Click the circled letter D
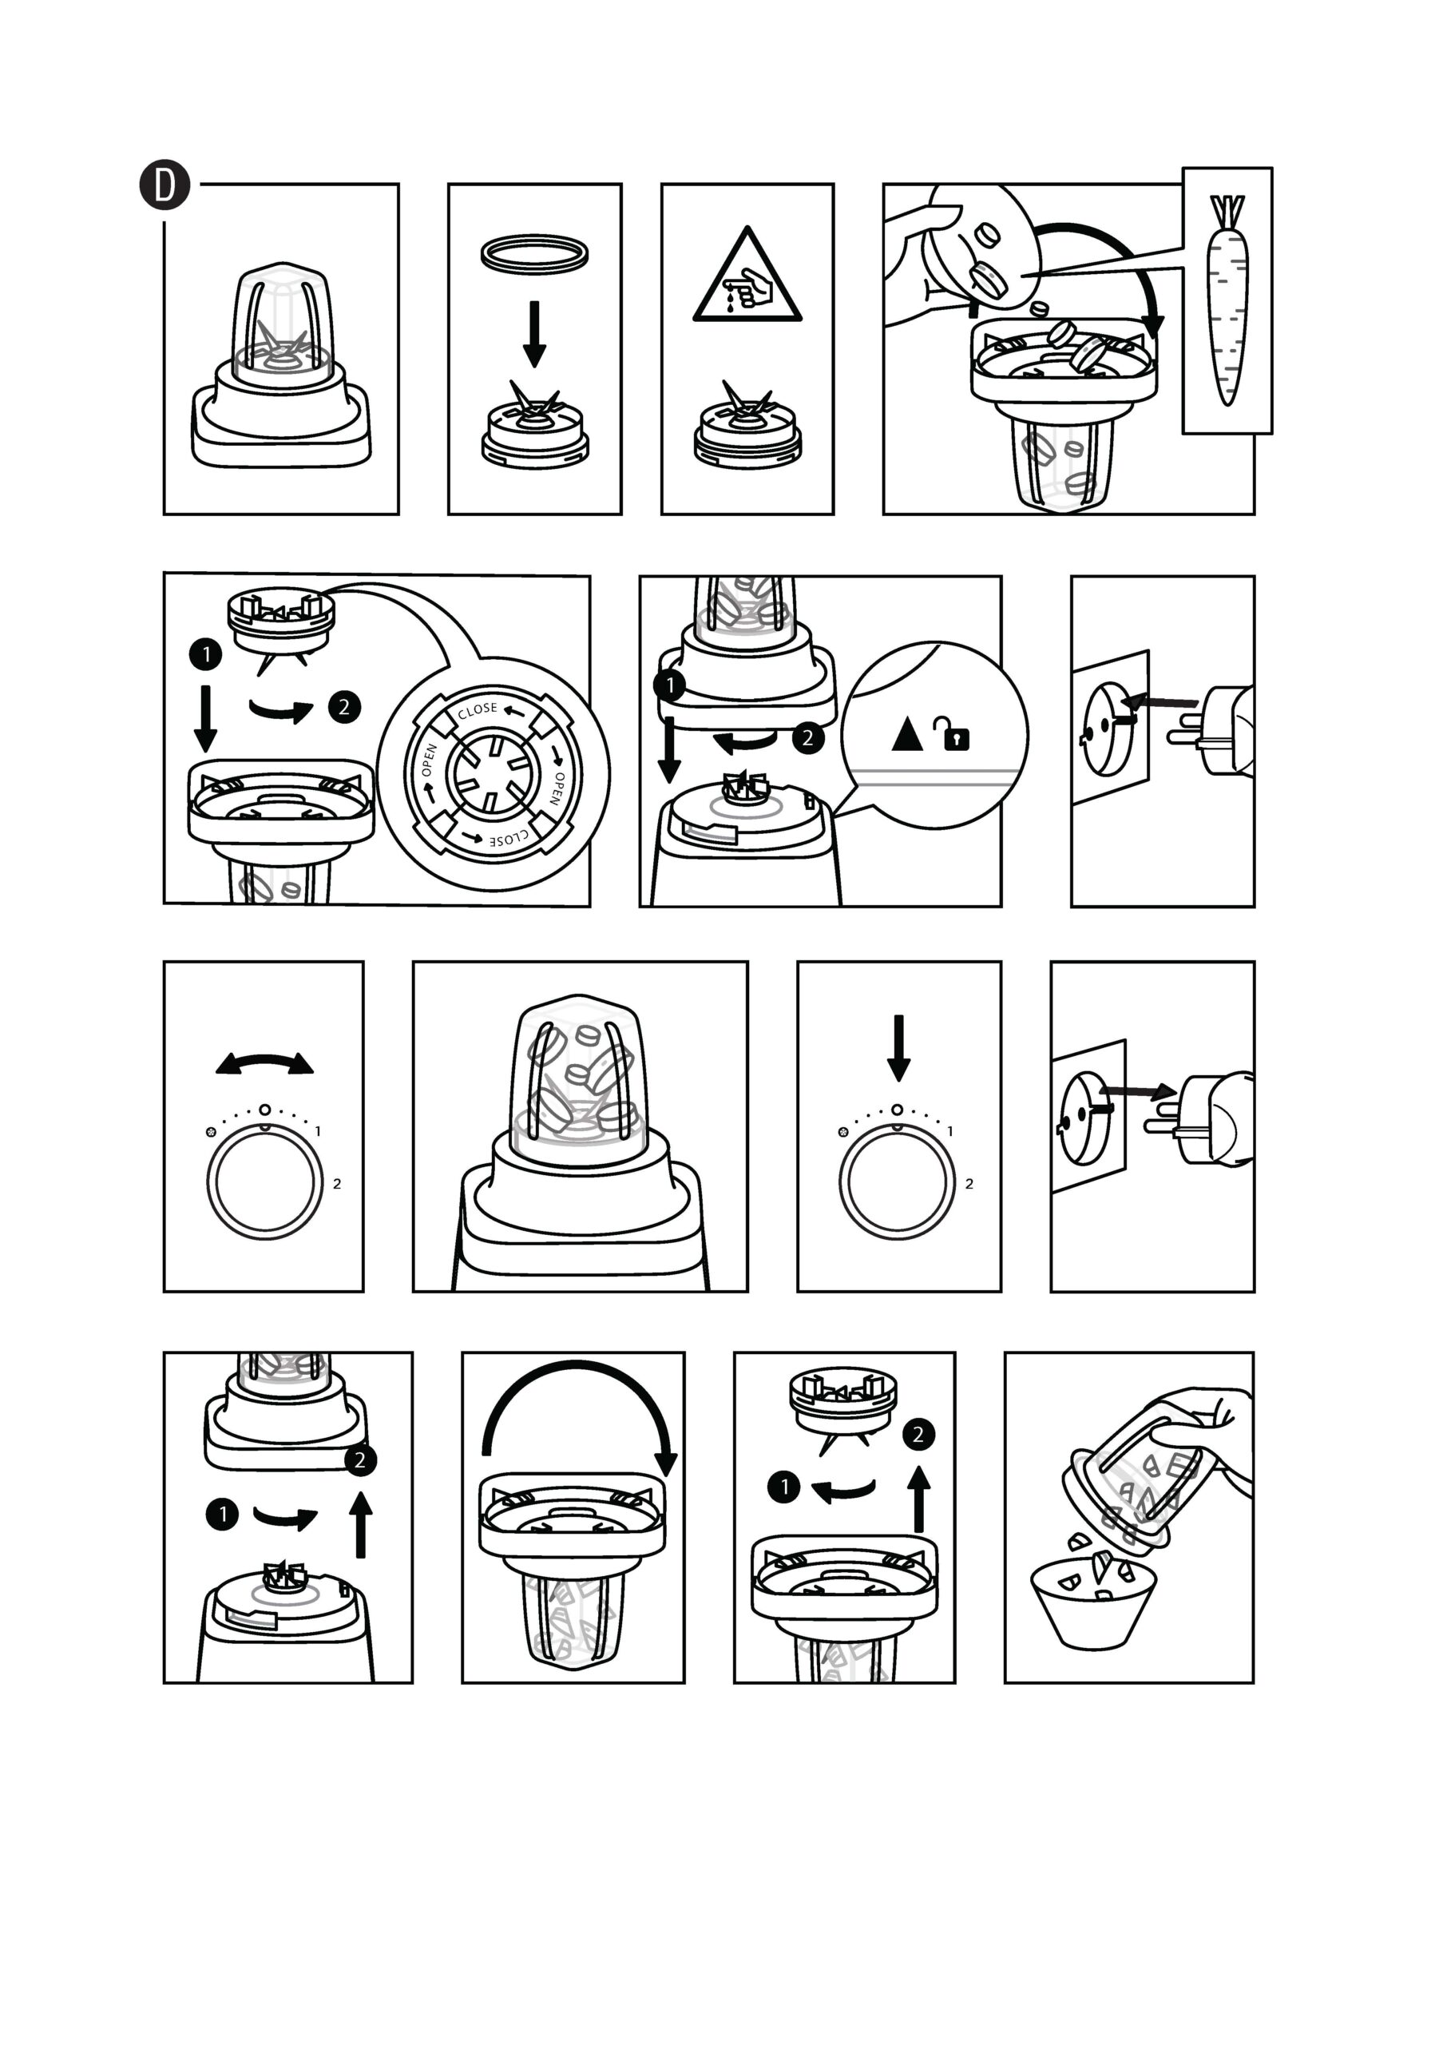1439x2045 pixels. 165,185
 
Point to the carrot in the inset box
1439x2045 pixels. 1228,300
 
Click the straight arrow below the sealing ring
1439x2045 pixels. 534,334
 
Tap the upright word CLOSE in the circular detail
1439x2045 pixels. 478,710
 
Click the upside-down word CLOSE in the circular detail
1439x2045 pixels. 509,838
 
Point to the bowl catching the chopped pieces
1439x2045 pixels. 1092,1602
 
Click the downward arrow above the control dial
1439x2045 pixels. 898,1047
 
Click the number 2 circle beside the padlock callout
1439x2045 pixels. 807,737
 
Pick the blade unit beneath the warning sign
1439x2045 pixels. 747,427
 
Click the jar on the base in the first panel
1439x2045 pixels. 282,325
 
